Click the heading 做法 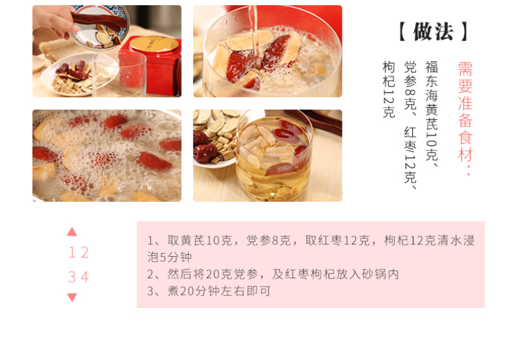tap(434, 31)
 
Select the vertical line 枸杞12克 tap(389, 90)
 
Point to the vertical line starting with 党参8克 tap(410, 125)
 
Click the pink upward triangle tap(72, 232)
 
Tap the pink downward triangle tap(72, 297)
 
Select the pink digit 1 tap(72, 252)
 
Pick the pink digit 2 tap(85, 252)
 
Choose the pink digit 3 tap(72, 277)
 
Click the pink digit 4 tap(85, 277)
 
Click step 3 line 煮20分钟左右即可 tap(209, 291)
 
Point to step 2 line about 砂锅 tap(273, 274)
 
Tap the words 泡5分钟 tap(170, 257)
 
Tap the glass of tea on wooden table tap(275, 156)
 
